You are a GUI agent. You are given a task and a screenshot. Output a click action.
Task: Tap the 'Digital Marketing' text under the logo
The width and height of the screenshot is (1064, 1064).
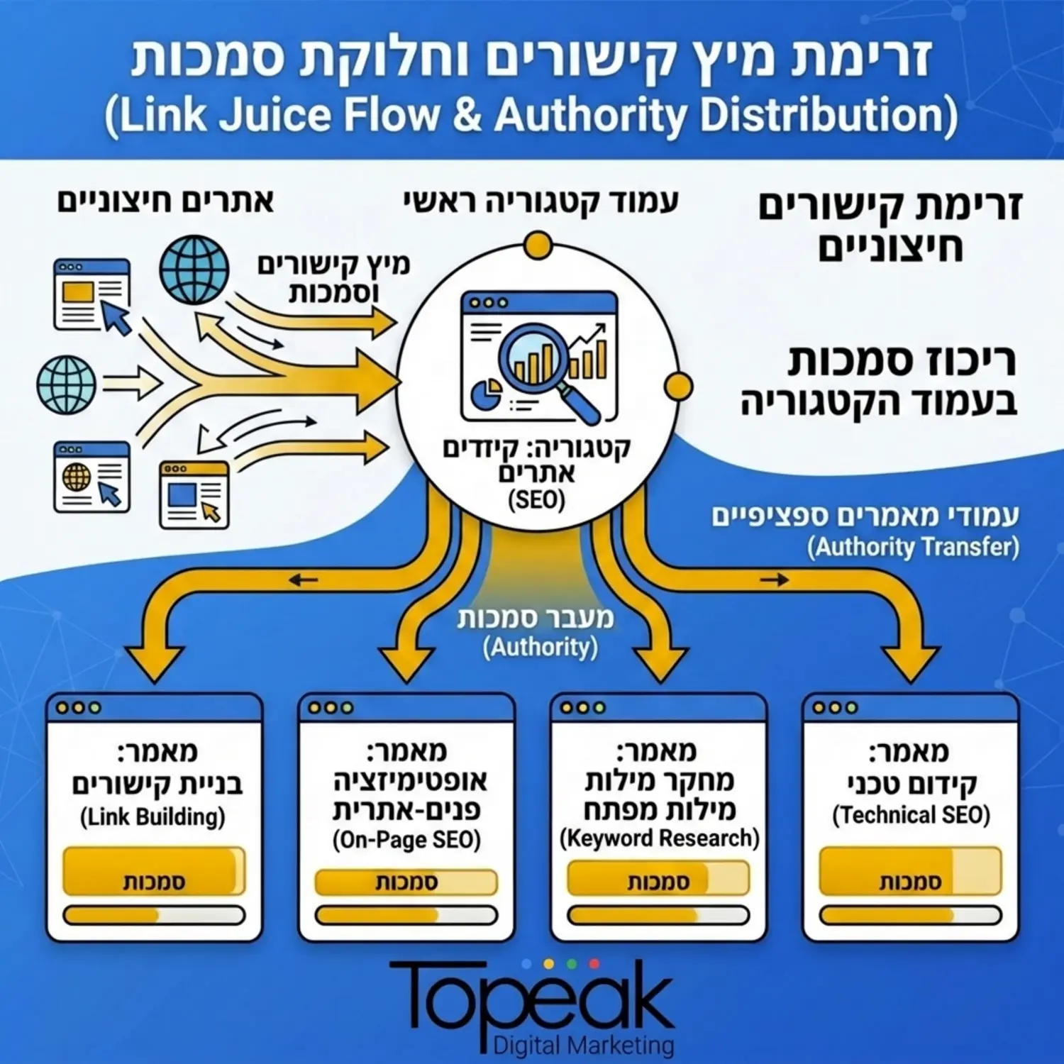click(583, 1045)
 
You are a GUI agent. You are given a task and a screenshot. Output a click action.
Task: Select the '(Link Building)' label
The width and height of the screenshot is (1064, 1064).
click(153, 816)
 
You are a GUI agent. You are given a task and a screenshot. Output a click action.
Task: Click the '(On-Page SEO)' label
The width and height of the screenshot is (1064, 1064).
click(406, 840)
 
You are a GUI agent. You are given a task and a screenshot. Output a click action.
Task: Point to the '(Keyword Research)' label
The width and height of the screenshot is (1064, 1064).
click(659, 838)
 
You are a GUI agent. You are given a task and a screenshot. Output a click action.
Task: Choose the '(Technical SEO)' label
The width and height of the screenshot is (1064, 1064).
click(911, 815)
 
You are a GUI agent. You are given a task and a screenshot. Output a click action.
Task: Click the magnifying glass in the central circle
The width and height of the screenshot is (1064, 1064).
click(539, 358)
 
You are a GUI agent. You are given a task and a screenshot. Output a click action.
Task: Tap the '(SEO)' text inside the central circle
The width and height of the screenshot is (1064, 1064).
click(537, 500)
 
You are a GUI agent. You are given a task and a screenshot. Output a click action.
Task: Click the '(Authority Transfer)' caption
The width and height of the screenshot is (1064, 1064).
click(913, 547)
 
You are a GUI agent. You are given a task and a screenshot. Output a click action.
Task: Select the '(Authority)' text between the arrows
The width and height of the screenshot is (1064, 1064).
click(540, 647)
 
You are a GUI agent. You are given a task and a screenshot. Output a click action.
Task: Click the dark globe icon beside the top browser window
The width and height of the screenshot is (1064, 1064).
click(194, 270)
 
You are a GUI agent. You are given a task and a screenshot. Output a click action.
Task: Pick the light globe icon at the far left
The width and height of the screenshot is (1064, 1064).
click(66, 385)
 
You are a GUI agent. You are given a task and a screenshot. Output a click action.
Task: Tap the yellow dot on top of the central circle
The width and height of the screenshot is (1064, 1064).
click(538, 246)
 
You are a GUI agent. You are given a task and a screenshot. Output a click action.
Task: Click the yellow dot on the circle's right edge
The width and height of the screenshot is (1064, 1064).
click(679, 387)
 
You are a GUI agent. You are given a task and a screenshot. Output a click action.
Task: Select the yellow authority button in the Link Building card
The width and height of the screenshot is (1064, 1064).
click(154, 871)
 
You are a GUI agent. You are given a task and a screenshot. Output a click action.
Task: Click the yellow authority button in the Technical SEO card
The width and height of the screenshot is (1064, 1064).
click(910, 871)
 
